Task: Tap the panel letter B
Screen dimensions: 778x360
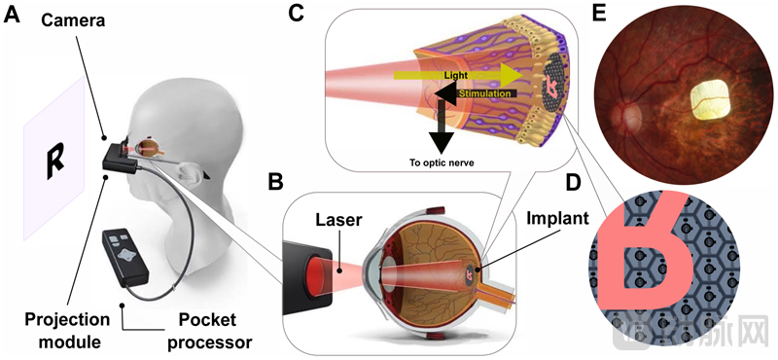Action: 275,183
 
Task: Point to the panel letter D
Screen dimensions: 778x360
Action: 574,183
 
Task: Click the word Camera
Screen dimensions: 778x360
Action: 72,20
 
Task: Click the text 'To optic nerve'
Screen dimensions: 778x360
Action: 440,162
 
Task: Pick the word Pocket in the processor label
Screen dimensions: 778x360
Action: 202,320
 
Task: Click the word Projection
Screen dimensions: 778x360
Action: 66,320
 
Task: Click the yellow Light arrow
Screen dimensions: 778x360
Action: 457,76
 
